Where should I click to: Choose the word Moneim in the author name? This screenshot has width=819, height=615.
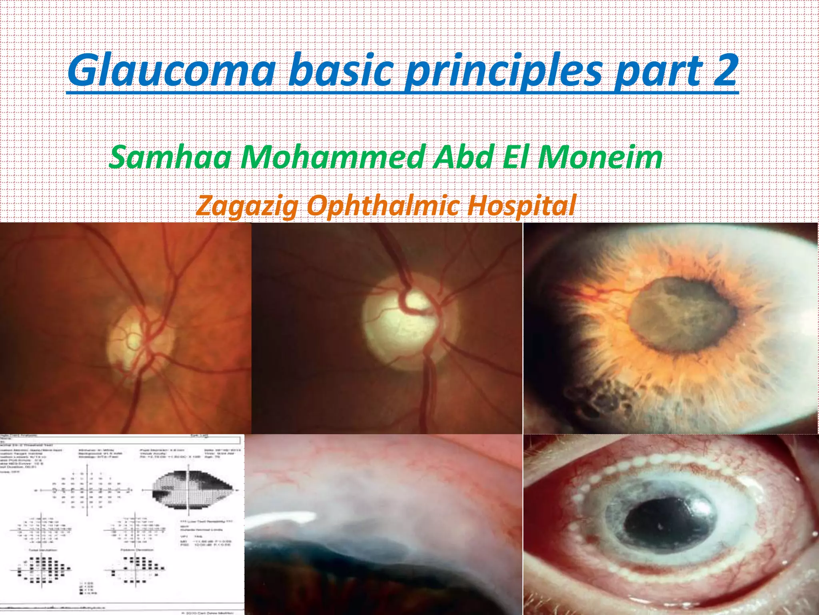tap(600, 157)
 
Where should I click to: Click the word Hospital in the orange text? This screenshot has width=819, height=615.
tap(521, 205)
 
